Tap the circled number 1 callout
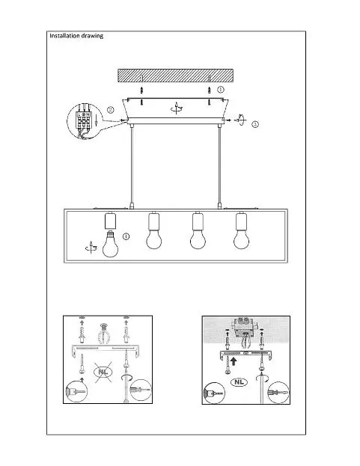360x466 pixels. coord(221,89)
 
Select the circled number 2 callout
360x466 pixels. coord(110,110)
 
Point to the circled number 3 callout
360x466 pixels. coord(255,124)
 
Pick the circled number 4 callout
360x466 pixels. coord(126,236)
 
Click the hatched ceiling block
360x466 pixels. coord(175,76)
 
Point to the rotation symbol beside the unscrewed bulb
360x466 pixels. coord(91,248)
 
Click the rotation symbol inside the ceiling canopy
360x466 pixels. coord(177,108)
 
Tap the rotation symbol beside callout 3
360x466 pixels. coord(240,120)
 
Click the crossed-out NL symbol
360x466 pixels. coord(103,372)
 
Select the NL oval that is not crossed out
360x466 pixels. coord(240,382)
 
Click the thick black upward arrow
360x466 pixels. coord(234,361)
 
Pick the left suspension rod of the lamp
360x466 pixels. coord(132,165)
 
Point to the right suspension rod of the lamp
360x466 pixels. coord(219,165)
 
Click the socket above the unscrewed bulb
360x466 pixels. coord(110,221)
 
